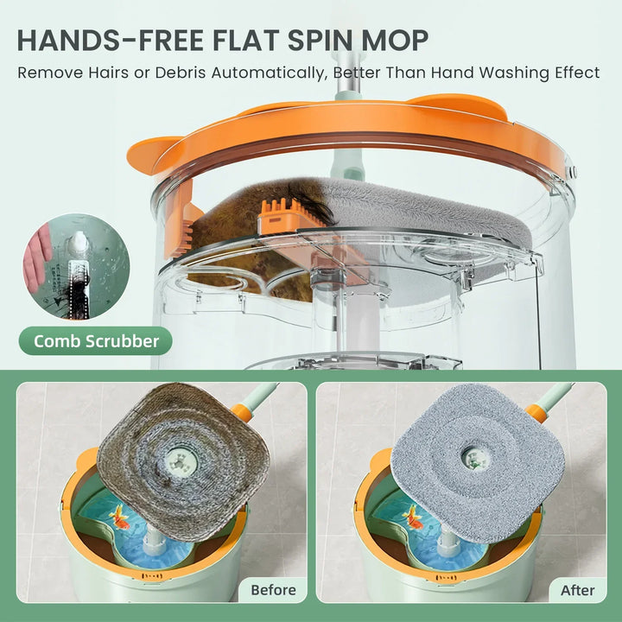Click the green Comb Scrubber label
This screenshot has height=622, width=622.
click(x=96, y=341)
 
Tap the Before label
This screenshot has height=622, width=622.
click(x=273, y=590)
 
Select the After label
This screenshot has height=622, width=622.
click(x=577, y=590)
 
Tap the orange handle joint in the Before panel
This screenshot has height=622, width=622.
click(x=243, y=412)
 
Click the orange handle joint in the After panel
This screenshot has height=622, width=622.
click(x=537, y=412)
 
